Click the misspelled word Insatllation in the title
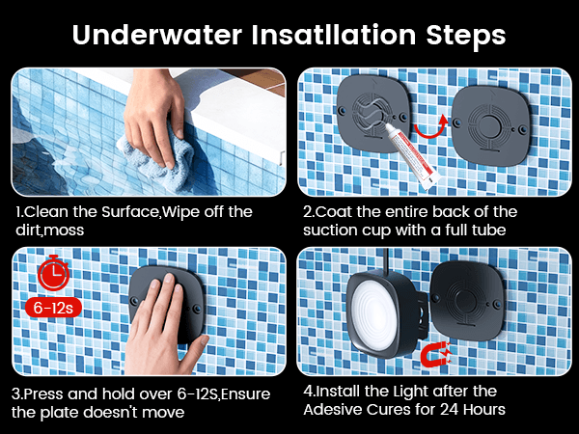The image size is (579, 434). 334,35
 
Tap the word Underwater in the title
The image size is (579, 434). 157,35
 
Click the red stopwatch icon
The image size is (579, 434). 54,273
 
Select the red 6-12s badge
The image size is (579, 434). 53,308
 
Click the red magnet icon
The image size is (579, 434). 436,353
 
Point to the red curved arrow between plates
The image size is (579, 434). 431,127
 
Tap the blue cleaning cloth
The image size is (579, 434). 159,159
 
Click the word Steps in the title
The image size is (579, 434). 466,37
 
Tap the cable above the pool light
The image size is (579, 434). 385,260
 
